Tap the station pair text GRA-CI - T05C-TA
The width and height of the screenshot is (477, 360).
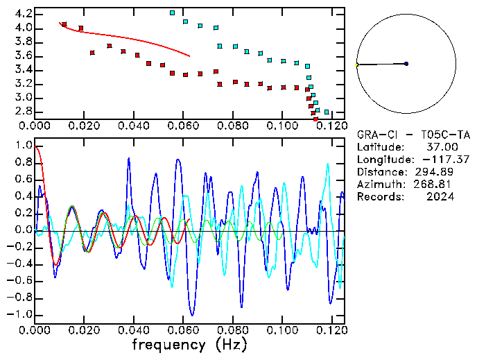[414, 135]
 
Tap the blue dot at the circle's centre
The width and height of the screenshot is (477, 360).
[406, 64]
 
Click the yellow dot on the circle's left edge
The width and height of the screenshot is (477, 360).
[357, 65]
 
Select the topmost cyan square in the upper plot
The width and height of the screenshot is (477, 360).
[173, 12]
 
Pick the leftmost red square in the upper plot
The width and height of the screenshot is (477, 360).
[64, 24]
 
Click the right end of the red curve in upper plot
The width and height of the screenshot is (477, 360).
[189, 55]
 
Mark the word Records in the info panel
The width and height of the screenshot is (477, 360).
[379, 197]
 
